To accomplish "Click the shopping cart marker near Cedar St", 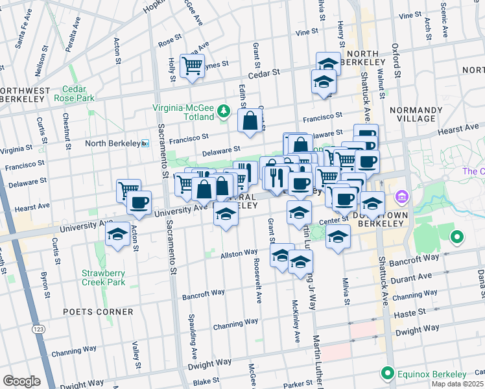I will (193, 65).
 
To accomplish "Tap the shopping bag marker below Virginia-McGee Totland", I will (250, 121).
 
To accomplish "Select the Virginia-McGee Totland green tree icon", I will (224, 112).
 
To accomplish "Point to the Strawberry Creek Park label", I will (103, 277).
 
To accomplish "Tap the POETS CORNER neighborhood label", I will (98, 312).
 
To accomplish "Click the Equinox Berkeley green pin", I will (388, 374).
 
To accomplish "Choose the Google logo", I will (21, 381).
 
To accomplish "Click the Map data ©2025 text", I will (458, 384).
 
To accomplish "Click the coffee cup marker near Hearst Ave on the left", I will (139, 202).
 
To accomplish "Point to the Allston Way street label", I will (239, 253).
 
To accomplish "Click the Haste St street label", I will (412, 312).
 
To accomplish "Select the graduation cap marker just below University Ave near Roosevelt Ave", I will (226, 215).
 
